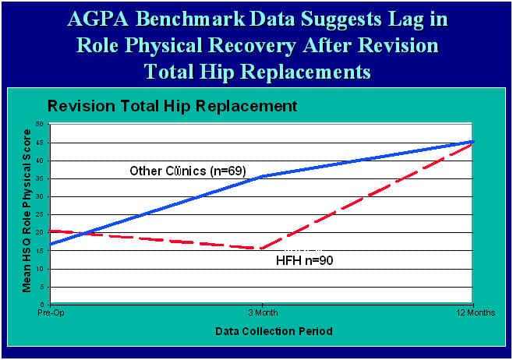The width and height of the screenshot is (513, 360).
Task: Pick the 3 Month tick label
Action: [x=261, y=311]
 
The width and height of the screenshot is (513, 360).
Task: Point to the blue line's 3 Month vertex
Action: [x=262, y=177]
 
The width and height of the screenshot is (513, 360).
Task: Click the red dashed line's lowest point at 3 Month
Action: [x=262, y=249]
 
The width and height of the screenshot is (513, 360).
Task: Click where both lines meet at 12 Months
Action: [x=472, y=142]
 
